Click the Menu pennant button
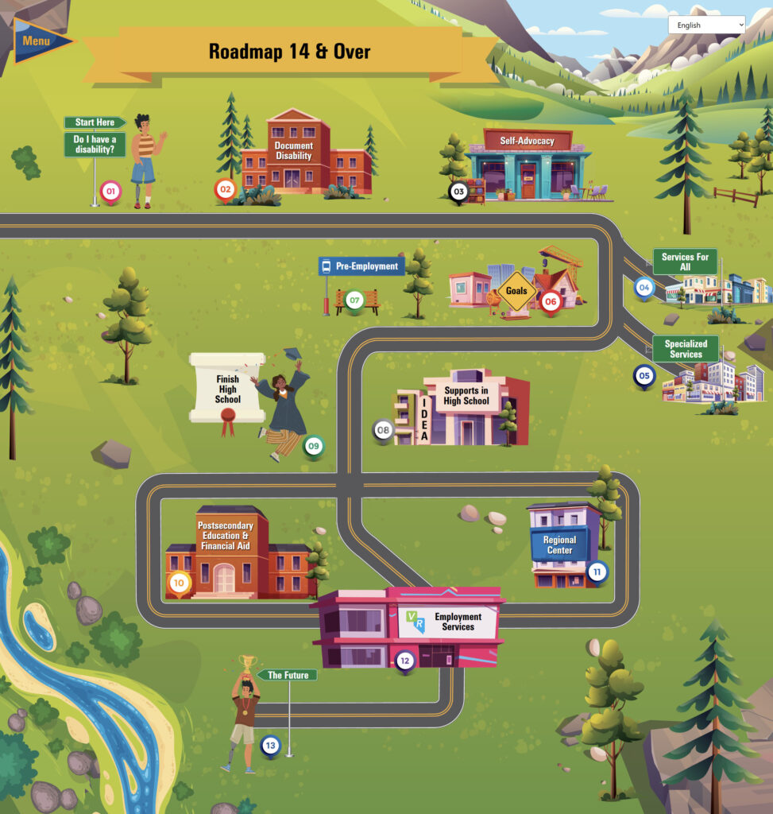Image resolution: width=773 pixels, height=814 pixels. (40, 41)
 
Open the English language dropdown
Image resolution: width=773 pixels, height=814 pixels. (706, 25)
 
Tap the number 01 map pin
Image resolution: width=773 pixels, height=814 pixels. (110, 192)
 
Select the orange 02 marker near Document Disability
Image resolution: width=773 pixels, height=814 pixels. (226, 189)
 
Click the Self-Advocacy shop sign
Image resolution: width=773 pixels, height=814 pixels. (527, 141)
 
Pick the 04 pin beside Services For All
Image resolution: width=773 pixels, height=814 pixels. (644, 287)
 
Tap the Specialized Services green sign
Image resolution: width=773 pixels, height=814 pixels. (686, 349)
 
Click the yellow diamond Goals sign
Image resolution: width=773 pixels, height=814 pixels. (516, 291)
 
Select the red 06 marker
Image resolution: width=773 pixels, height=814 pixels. (551, 301)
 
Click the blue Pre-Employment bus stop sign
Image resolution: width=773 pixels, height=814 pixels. (362, 266)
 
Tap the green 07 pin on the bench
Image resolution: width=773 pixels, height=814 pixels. (354, 301)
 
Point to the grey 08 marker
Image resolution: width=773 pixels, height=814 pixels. (384, 430)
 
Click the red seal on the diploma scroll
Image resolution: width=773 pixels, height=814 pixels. (228, 418)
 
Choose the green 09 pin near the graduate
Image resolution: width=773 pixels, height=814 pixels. (313, 446)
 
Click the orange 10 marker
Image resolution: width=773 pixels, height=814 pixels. (179, 583)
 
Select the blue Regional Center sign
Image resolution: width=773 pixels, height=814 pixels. (559, 545)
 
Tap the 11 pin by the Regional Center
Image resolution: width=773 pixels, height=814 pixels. (597, 571)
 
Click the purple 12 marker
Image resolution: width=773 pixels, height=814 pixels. (405, 660)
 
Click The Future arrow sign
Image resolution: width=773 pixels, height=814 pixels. (288, 675)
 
